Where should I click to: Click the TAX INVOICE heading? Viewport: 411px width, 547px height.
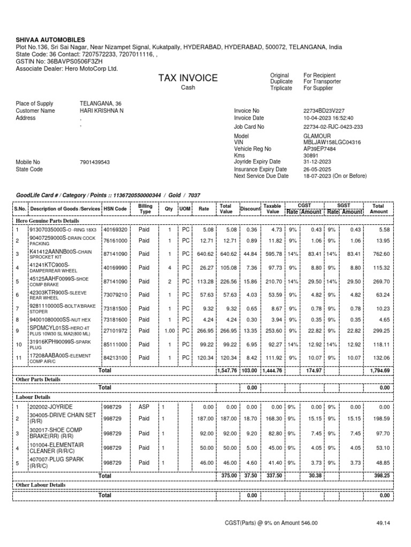tap(188, 79)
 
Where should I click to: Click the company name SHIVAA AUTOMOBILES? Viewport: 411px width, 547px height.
tap(50, 40)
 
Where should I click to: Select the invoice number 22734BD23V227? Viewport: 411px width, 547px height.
tap(325, 111)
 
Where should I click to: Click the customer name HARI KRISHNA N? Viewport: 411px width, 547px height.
tap(102, 111)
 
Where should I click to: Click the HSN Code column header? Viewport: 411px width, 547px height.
tap(115, 209)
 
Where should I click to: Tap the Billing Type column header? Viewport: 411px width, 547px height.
tap(145, 208)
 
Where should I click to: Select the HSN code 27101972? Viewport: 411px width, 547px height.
tap(115, 331)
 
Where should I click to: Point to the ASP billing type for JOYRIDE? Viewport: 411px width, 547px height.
tap(144, 407)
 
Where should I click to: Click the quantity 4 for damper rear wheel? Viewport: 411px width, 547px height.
tap(169, 268)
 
